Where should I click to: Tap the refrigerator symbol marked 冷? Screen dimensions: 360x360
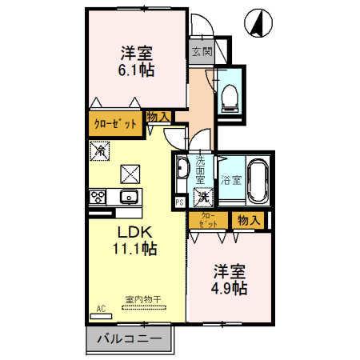(x=102, y=149)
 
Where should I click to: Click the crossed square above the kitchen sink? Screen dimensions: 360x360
(x=130, y=172)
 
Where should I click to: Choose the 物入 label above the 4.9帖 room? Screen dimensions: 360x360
(x=248, y=219)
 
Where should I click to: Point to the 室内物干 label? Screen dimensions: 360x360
(x=142, y=299)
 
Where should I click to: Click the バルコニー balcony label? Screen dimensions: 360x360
(x=129, y=339)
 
